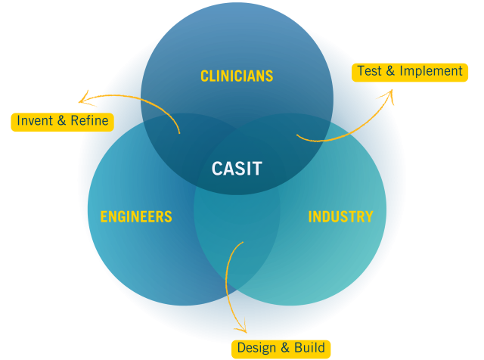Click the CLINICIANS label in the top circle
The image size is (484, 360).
pos(236,76)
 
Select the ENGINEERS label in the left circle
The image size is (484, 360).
pos(136,217)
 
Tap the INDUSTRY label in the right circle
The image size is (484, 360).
pos(340,217)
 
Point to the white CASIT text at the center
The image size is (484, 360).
pos(237,169)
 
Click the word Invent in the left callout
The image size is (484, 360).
pos(35,121)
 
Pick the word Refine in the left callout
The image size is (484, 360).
pos(90,121)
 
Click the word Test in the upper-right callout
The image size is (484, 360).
pos(370,71)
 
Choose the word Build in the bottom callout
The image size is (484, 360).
pos(310,348)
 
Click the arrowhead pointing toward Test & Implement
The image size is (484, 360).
pos(389,95)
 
